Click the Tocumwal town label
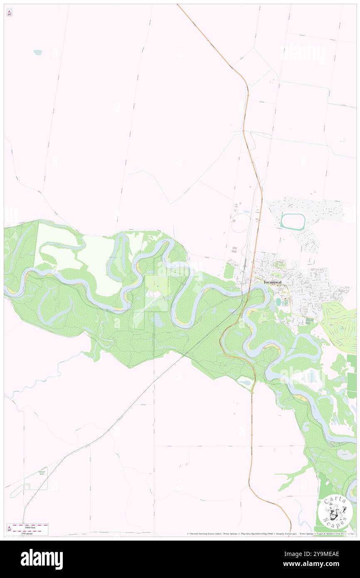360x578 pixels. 273,282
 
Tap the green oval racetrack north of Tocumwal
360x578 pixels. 293,221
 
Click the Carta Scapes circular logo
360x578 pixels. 335,512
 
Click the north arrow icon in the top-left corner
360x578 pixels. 9,13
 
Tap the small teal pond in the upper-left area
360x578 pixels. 38,53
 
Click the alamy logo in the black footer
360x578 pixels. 42,558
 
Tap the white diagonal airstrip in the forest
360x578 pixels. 143,309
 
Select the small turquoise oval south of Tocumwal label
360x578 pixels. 278,301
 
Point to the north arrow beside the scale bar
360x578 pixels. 9,529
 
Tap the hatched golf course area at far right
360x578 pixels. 340,322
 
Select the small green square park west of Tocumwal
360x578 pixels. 229,271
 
